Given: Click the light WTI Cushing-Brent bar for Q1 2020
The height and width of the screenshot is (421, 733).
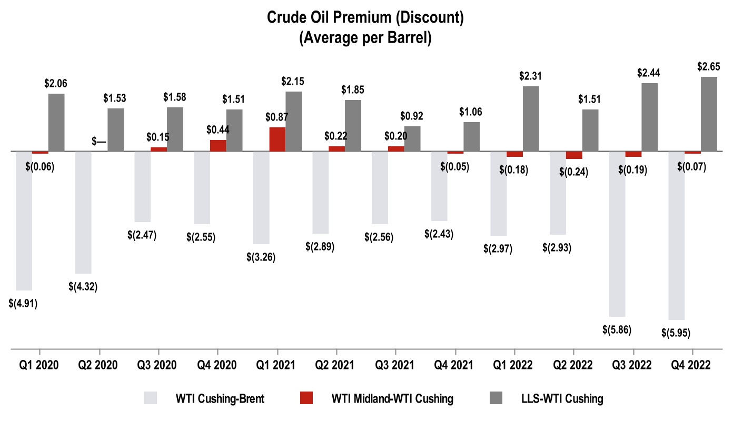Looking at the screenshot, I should point(24,221).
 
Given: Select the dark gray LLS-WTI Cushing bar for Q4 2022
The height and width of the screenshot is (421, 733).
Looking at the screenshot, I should point(709,114).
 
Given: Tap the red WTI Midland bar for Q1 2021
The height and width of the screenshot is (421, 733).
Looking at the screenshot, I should point(278,139).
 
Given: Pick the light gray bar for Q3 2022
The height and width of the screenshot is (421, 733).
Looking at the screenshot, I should point(617,234).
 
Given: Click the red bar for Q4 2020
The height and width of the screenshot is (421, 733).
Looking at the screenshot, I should point(218,146).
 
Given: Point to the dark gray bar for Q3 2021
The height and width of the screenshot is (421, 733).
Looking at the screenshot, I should point(412,139).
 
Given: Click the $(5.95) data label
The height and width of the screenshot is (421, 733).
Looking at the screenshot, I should point(676,333).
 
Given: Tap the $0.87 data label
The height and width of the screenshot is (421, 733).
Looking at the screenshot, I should point(277,117).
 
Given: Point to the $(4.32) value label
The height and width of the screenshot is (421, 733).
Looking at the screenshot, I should point(83,287).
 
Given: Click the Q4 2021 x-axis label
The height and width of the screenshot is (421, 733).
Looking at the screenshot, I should point(455,365).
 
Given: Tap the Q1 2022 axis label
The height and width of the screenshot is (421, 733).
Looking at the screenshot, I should point(514,365).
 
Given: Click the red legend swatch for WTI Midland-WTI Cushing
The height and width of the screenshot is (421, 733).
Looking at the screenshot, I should point(305,398).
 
